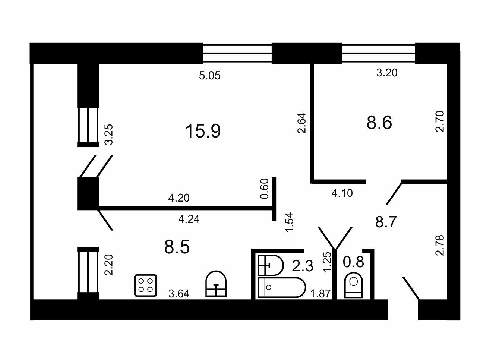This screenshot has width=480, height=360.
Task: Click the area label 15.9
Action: (203, 131)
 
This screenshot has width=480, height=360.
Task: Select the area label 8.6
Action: (379, 123)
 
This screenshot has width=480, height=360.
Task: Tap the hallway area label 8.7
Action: (386, 222)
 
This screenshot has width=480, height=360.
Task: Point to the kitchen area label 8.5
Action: (177, 247)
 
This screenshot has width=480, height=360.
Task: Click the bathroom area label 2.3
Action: (303, 266)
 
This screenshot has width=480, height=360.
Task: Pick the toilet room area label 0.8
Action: (353, 262)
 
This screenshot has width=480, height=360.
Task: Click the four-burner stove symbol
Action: (146, 285)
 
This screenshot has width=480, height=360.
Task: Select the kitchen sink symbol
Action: (216, 284)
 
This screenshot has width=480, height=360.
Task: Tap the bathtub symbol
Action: (282, 287)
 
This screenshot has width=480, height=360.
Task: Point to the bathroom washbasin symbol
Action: (271, 265)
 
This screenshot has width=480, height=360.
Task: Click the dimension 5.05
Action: (210, 76)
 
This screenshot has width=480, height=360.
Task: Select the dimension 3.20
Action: (387, 73)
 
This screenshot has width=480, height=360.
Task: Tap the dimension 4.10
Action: (342, 193)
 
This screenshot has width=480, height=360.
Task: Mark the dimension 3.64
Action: (179, 294)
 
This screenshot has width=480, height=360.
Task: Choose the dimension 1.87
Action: (320, 294)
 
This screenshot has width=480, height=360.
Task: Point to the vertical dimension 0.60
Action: (264, 189)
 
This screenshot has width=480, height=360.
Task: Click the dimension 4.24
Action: (189, 220)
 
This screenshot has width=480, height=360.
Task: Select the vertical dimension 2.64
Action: (301, 123)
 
